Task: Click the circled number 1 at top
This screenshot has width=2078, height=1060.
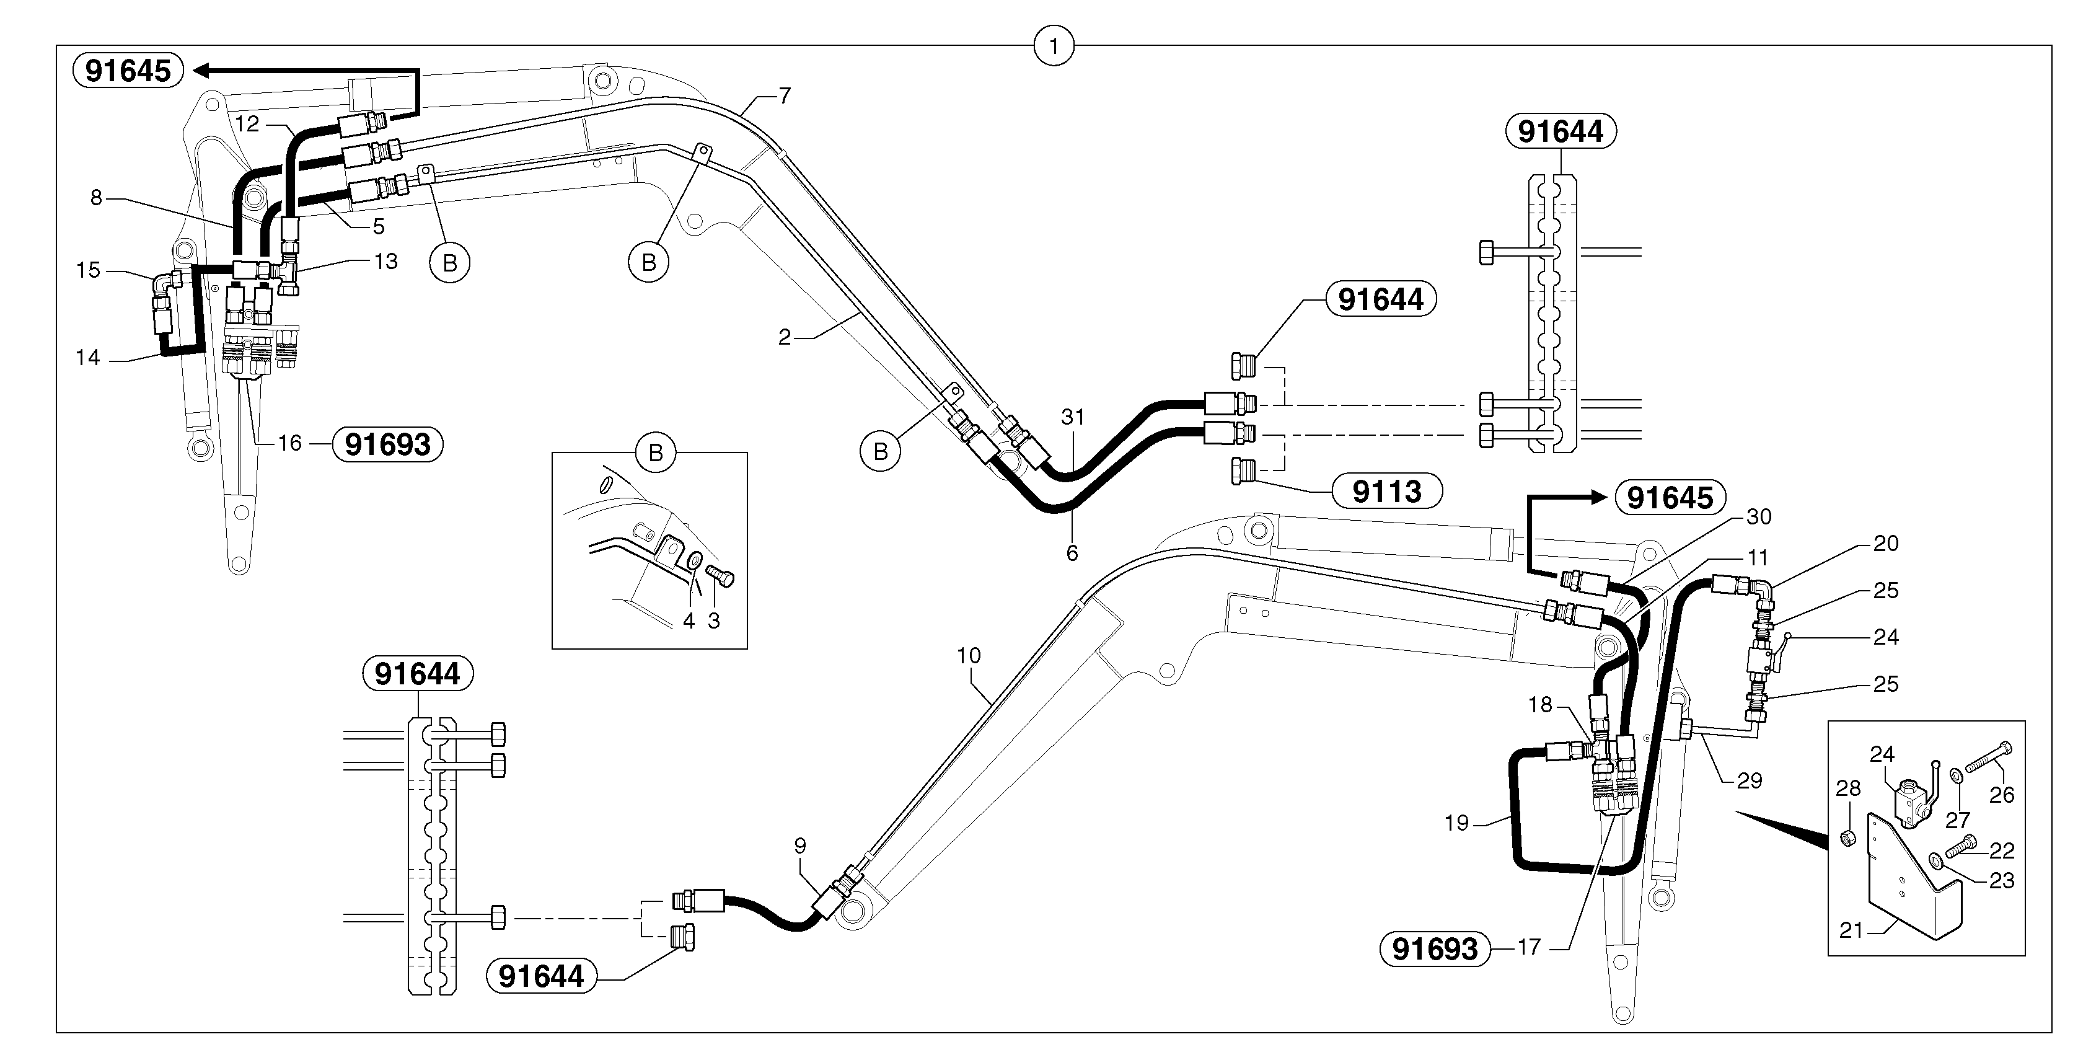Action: click(x=1053, y=46)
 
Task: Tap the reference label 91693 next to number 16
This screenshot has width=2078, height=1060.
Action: click(x=387, y=444)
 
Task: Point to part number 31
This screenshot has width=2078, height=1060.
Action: click(x=1072, y=417)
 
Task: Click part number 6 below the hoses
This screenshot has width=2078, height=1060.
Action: click(x=1072, y=554)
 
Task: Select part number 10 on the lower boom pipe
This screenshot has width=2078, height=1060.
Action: click(x=968, y=656)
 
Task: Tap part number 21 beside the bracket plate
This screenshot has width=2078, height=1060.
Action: click(x=1851, y=930)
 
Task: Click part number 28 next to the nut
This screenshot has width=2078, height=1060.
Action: click(x=1847, y=788)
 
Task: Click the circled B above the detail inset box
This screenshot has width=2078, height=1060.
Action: click(x=655, y=453)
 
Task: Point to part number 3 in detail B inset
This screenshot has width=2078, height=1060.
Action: click(x=713, y=621)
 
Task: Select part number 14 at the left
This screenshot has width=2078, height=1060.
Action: click(x=87, y=358)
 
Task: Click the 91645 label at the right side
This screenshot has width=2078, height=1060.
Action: click(x=1669, y=498)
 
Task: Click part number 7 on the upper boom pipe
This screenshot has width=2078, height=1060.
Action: click(x=784, y=96)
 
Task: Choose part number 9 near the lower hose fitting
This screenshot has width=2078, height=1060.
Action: click(x=799, y=846)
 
